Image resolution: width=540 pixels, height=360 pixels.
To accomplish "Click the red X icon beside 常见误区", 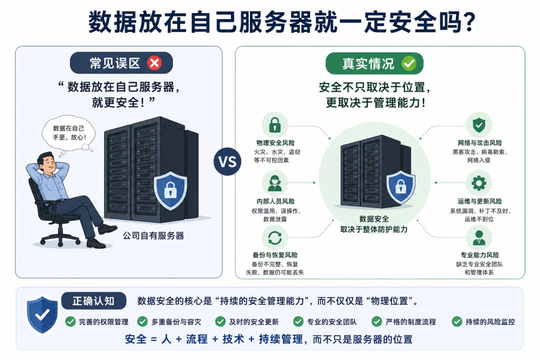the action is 154,63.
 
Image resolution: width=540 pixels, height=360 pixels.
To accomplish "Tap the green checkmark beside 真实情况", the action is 409,63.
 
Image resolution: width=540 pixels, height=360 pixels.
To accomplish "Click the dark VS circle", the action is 227,161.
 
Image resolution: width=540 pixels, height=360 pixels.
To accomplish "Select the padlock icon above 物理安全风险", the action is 274,124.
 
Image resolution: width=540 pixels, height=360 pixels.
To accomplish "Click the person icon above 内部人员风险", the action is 275,183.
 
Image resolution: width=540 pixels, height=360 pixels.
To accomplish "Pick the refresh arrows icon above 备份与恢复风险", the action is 275,237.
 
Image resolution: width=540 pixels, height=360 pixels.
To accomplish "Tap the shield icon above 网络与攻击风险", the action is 478,125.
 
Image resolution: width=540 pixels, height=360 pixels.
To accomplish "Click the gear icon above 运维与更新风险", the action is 478,183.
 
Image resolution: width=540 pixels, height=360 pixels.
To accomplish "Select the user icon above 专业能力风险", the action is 478,237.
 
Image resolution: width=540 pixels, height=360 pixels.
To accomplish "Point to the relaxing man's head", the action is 46,162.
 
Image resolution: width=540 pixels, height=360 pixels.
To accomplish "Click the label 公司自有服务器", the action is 153,236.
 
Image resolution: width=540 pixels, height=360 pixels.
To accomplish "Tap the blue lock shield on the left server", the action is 170,190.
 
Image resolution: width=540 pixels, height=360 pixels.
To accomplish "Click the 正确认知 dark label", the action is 93,301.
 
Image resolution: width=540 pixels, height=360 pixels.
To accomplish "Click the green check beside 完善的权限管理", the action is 70,322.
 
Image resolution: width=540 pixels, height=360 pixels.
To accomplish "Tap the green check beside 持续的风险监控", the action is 457,322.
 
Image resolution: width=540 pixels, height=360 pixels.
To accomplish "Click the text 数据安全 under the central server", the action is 374,219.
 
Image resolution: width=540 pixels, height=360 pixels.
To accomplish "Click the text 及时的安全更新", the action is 254,322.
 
